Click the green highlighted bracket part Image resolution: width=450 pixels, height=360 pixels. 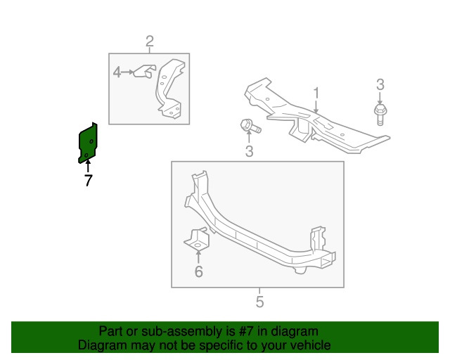pyautogui.click(x=88, y=143)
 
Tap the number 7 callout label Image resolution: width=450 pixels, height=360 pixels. pyautogui.click(x=88, y=181)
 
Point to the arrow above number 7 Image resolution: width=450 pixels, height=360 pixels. pyautogui.click(x=88, y=167)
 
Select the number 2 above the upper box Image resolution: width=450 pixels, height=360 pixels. pyautogui.click(x=150, y=41)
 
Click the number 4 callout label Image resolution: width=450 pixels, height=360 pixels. pyautogui.click(x=117, y=72)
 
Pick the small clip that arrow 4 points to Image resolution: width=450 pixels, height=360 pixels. pyautogui.click(x=145, y=71)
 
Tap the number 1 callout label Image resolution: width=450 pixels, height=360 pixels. pyautogui.click(x=316, y=93)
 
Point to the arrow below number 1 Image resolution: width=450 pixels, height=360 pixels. pyautogui.click(x=316, y=107)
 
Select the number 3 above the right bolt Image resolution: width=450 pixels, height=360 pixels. pyautogui.click(x=380, y=85)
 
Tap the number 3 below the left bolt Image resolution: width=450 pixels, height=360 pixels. pyautogui.click(x=249, y=152)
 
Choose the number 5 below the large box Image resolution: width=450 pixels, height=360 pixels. pyautogui.click(x=259, y=303)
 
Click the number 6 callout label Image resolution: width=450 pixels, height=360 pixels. pyautogui.click(x=198, y=271)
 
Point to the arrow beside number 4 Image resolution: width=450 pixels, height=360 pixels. pyautogui.click(x=128, y=72)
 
